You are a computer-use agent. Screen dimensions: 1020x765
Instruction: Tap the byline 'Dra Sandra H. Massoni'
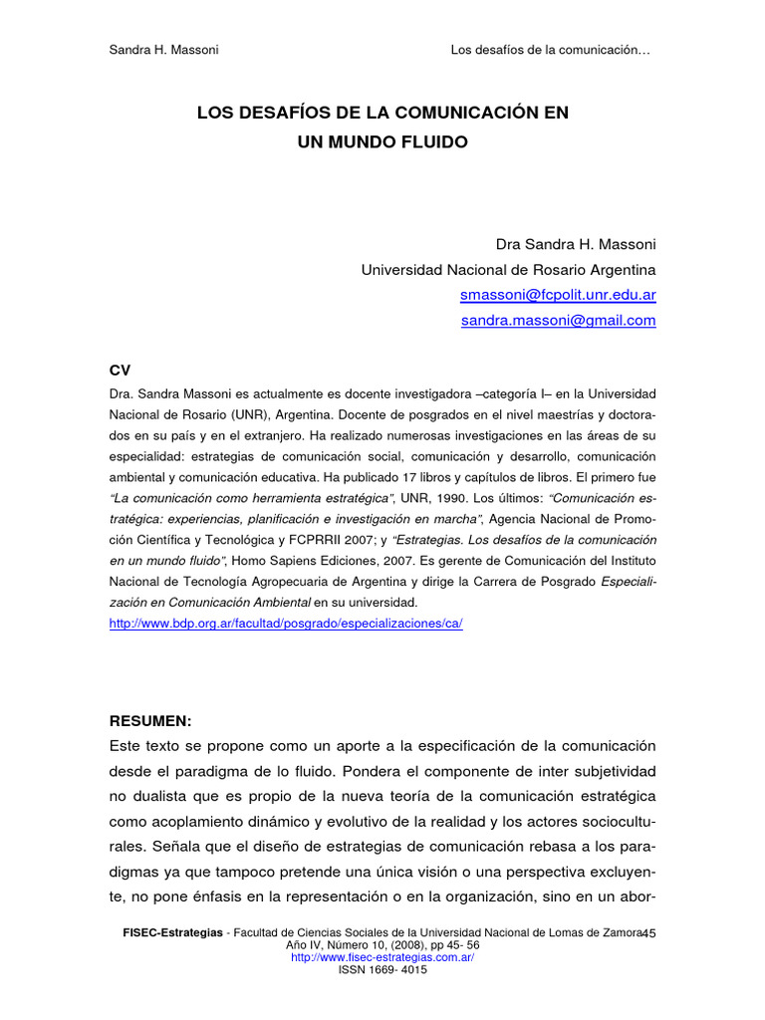click(576, 244)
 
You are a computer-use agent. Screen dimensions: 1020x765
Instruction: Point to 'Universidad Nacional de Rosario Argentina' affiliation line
click(508, 269)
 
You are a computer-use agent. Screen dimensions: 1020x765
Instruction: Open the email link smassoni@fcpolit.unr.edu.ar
click(558, 295)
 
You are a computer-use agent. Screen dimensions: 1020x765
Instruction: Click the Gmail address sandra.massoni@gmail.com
click(558, 320)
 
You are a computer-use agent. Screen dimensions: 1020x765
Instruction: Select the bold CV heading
click(120, 370)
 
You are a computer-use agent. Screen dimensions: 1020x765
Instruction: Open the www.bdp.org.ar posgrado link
click(286, 623)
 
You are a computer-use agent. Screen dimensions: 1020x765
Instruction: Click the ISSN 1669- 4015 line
click(382, 970)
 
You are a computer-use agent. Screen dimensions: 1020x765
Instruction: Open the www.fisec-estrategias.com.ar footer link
click(382, 957)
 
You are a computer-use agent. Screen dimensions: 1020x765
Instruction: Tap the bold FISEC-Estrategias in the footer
click(171, 931)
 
